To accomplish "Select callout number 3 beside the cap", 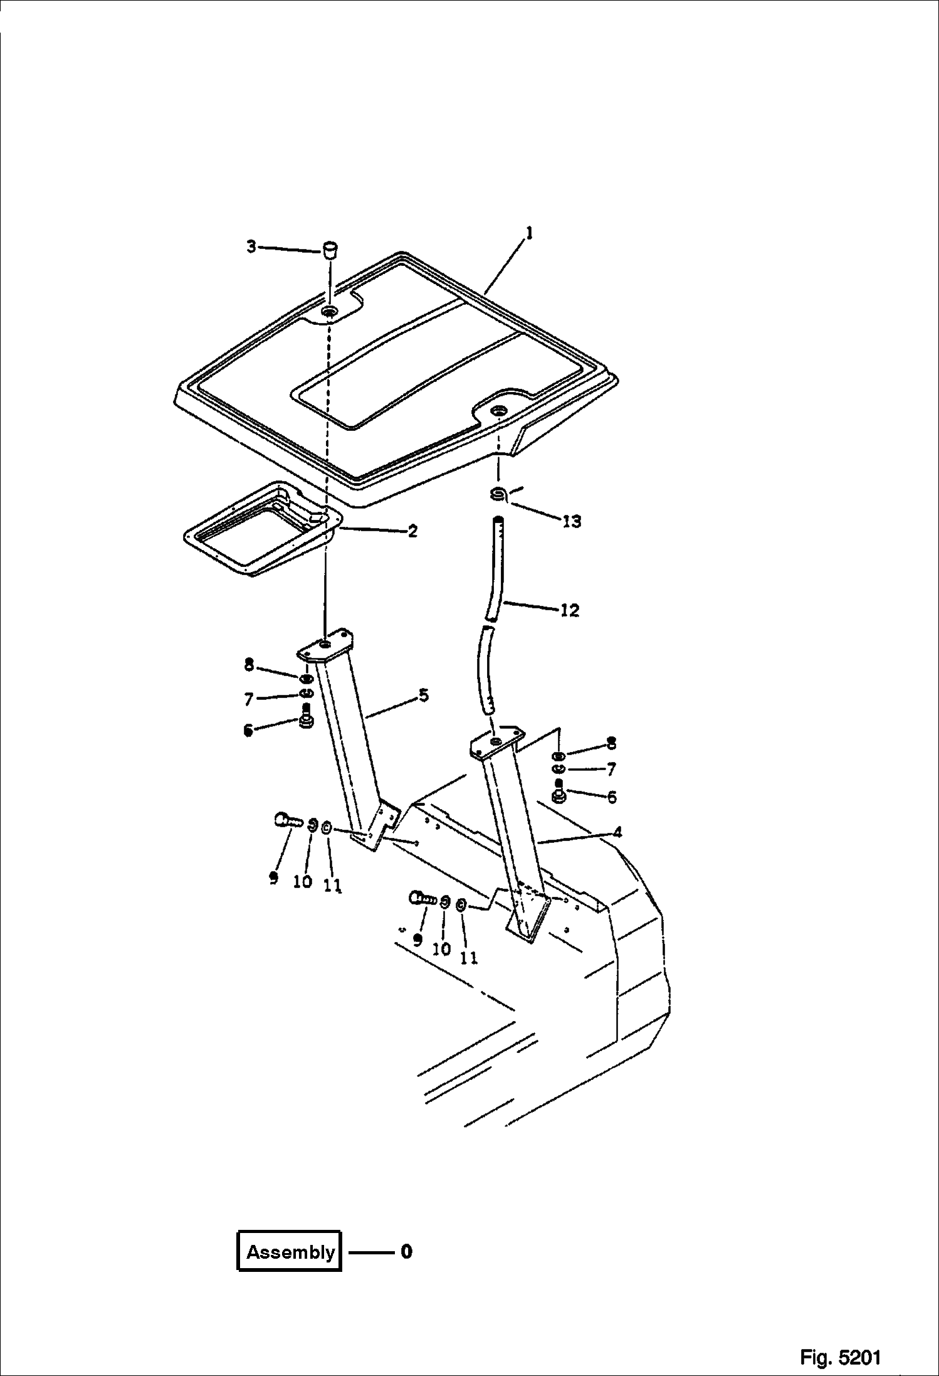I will pos(251,247).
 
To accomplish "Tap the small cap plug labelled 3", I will pos(330,249).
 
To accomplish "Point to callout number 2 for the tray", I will pos(412,531).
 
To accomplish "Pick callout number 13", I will pos(572,521).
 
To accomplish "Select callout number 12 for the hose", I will pos(569,610).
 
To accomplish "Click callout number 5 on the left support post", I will pos(423,696).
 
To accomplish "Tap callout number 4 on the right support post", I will pos(617,832).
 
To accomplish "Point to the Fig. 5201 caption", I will pos(840,1357).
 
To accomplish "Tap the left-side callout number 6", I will pos(249,730).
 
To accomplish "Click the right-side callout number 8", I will pos(611,744).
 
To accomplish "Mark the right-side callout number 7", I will pos(611,769).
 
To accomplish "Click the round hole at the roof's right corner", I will pos(500,411).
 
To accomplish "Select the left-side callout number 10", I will pos(302,881).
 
